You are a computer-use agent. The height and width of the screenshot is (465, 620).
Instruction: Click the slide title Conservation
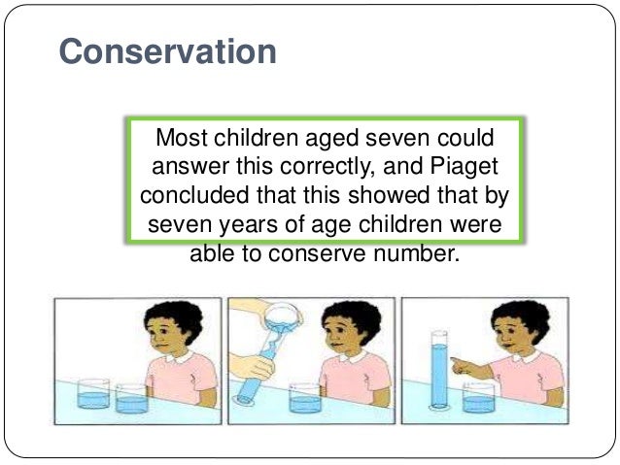click(x=167, y=51)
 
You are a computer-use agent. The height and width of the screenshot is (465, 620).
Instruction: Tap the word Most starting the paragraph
click(x=186, y=137)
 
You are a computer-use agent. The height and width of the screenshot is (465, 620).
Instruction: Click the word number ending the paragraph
click(x=418, y=257)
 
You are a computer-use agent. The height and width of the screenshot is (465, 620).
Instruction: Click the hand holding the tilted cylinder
click(x=259, y=368)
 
